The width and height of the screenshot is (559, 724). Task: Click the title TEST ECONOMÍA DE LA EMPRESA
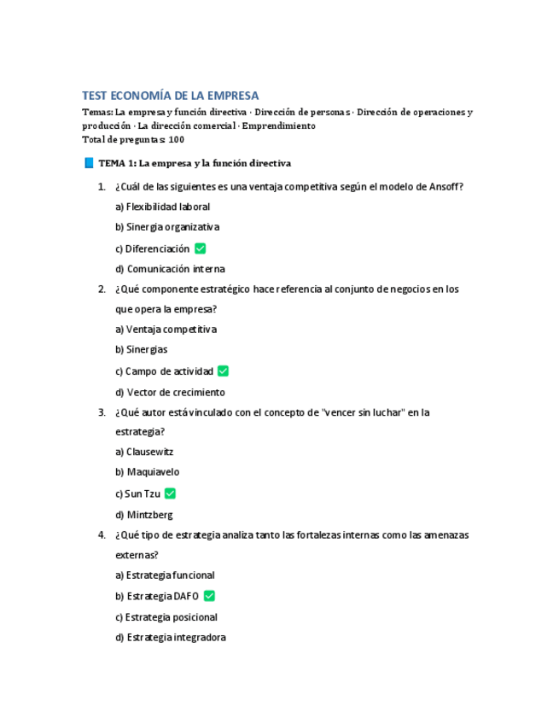point(170,96)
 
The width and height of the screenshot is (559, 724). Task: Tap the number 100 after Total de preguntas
point(177,140)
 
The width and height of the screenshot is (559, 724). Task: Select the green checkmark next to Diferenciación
point(201,248)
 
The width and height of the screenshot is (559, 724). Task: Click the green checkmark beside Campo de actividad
point(223,371)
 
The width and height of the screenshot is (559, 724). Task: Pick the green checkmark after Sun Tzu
point(171,493)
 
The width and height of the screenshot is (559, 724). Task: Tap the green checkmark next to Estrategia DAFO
point(209,596)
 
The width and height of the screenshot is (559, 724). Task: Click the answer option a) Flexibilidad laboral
point(162,207)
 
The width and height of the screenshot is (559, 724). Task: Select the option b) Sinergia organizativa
point(167,227)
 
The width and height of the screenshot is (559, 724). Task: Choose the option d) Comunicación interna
point(170,269)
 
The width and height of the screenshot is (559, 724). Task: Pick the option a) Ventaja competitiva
point(166,330)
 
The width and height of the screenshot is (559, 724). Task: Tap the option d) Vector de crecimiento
point(170,393)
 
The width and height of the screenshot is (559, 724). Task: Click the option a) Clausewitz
point(144,452)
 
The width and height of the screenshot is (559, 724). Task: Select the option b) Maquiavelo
point(147,472)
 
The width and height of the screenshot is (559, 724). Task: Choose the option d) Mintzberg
point(144,515)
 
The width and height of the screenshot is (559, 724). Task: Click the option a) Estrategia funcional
point(165,575)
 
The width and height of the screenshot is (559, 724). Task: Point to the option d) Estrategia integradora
point(170,638)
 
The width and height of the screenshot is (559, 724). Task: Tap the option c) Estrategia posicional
point(166,617)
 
